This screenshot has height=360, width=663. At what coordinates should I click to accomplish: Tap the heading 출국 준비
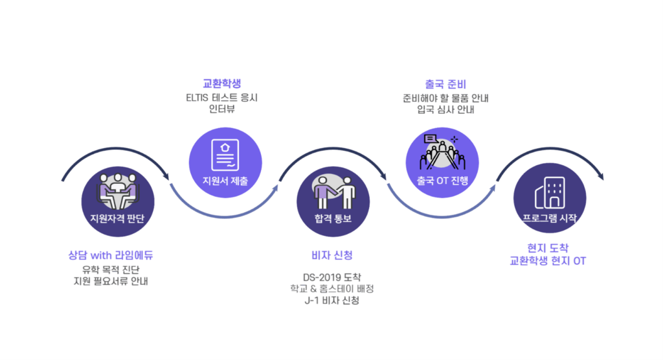pyautogui.click(x=445, y=84)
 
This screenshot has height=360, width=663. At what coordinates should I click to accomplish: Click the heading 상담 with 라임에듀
pyautogui.click(x=115, y=254)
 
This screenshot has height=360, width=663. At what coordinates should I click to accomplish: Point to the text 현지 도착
pyautogui.click(x=548, y=248)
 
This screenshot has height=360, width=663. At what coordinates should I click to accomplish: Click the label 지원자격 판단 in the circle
pyautogui.click(x=117, y=218)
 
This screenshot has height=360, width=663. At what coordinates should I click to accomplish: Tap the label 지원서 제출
pyautogui.click(x=225, y=180)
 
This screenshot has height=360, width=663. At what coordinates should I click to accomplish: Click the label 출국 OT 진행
pyautogui.click(x=442, y=180)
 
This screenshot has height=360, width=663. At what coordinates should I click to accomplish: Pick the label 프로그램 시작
pyautogui.click(x=549, y=218)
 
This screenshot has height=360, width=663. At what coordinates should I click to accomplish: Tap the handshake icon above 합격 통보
pyautogui.click(x=334, y=192)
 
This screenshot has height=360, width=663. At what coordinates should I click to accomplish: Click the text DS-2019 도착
pyautogui.click(x=332, y=277)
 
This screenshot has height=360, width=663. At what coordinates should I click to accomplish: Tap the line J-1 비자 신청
pyautogui.click(x=332, y=300)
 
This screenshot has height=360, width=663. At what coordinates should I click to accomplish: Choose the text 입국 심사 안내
pyautogui.click(x=446, y=109)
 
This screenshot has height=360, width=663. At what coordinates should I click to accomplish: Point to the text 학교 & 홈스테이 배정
pyautogui.click(x=332, y=289)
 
